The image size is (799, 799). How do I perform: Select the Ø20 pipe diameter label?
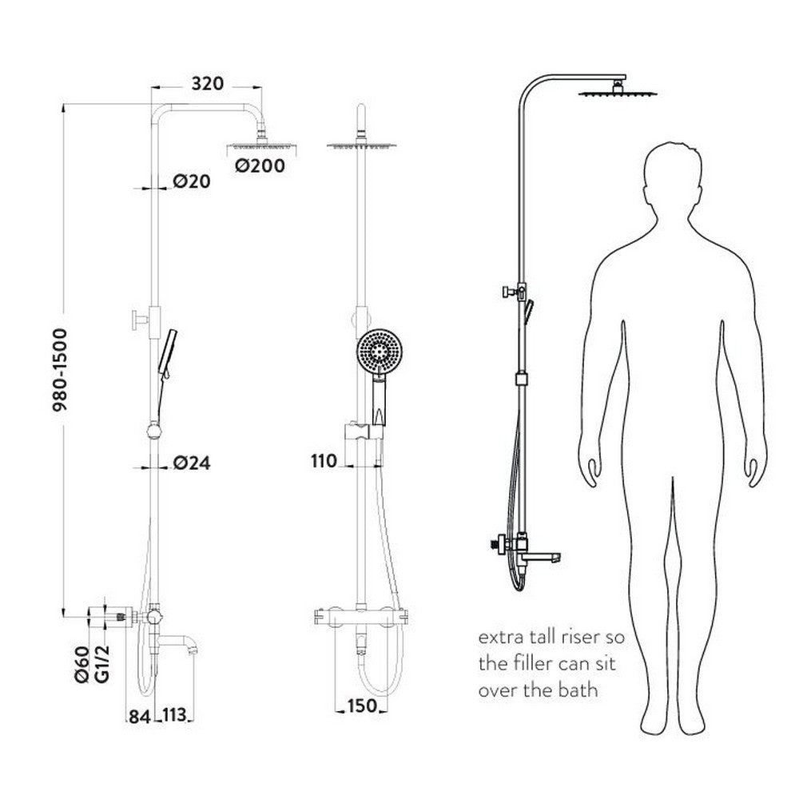click(191, 182)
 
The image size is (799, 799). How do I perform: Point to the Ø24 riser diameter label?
click(192, 463)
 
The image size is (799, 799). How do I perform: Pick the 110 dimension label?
click(324, 460)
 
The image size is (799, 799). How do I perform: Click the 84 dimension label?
click(139, 716)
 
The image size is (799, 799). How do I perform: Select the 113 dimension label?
click(177, 716)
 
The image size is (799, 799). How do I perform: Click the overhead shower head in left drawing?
click(256, 146)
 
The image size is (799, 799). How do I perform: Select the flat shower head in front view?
click(362, 145)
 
